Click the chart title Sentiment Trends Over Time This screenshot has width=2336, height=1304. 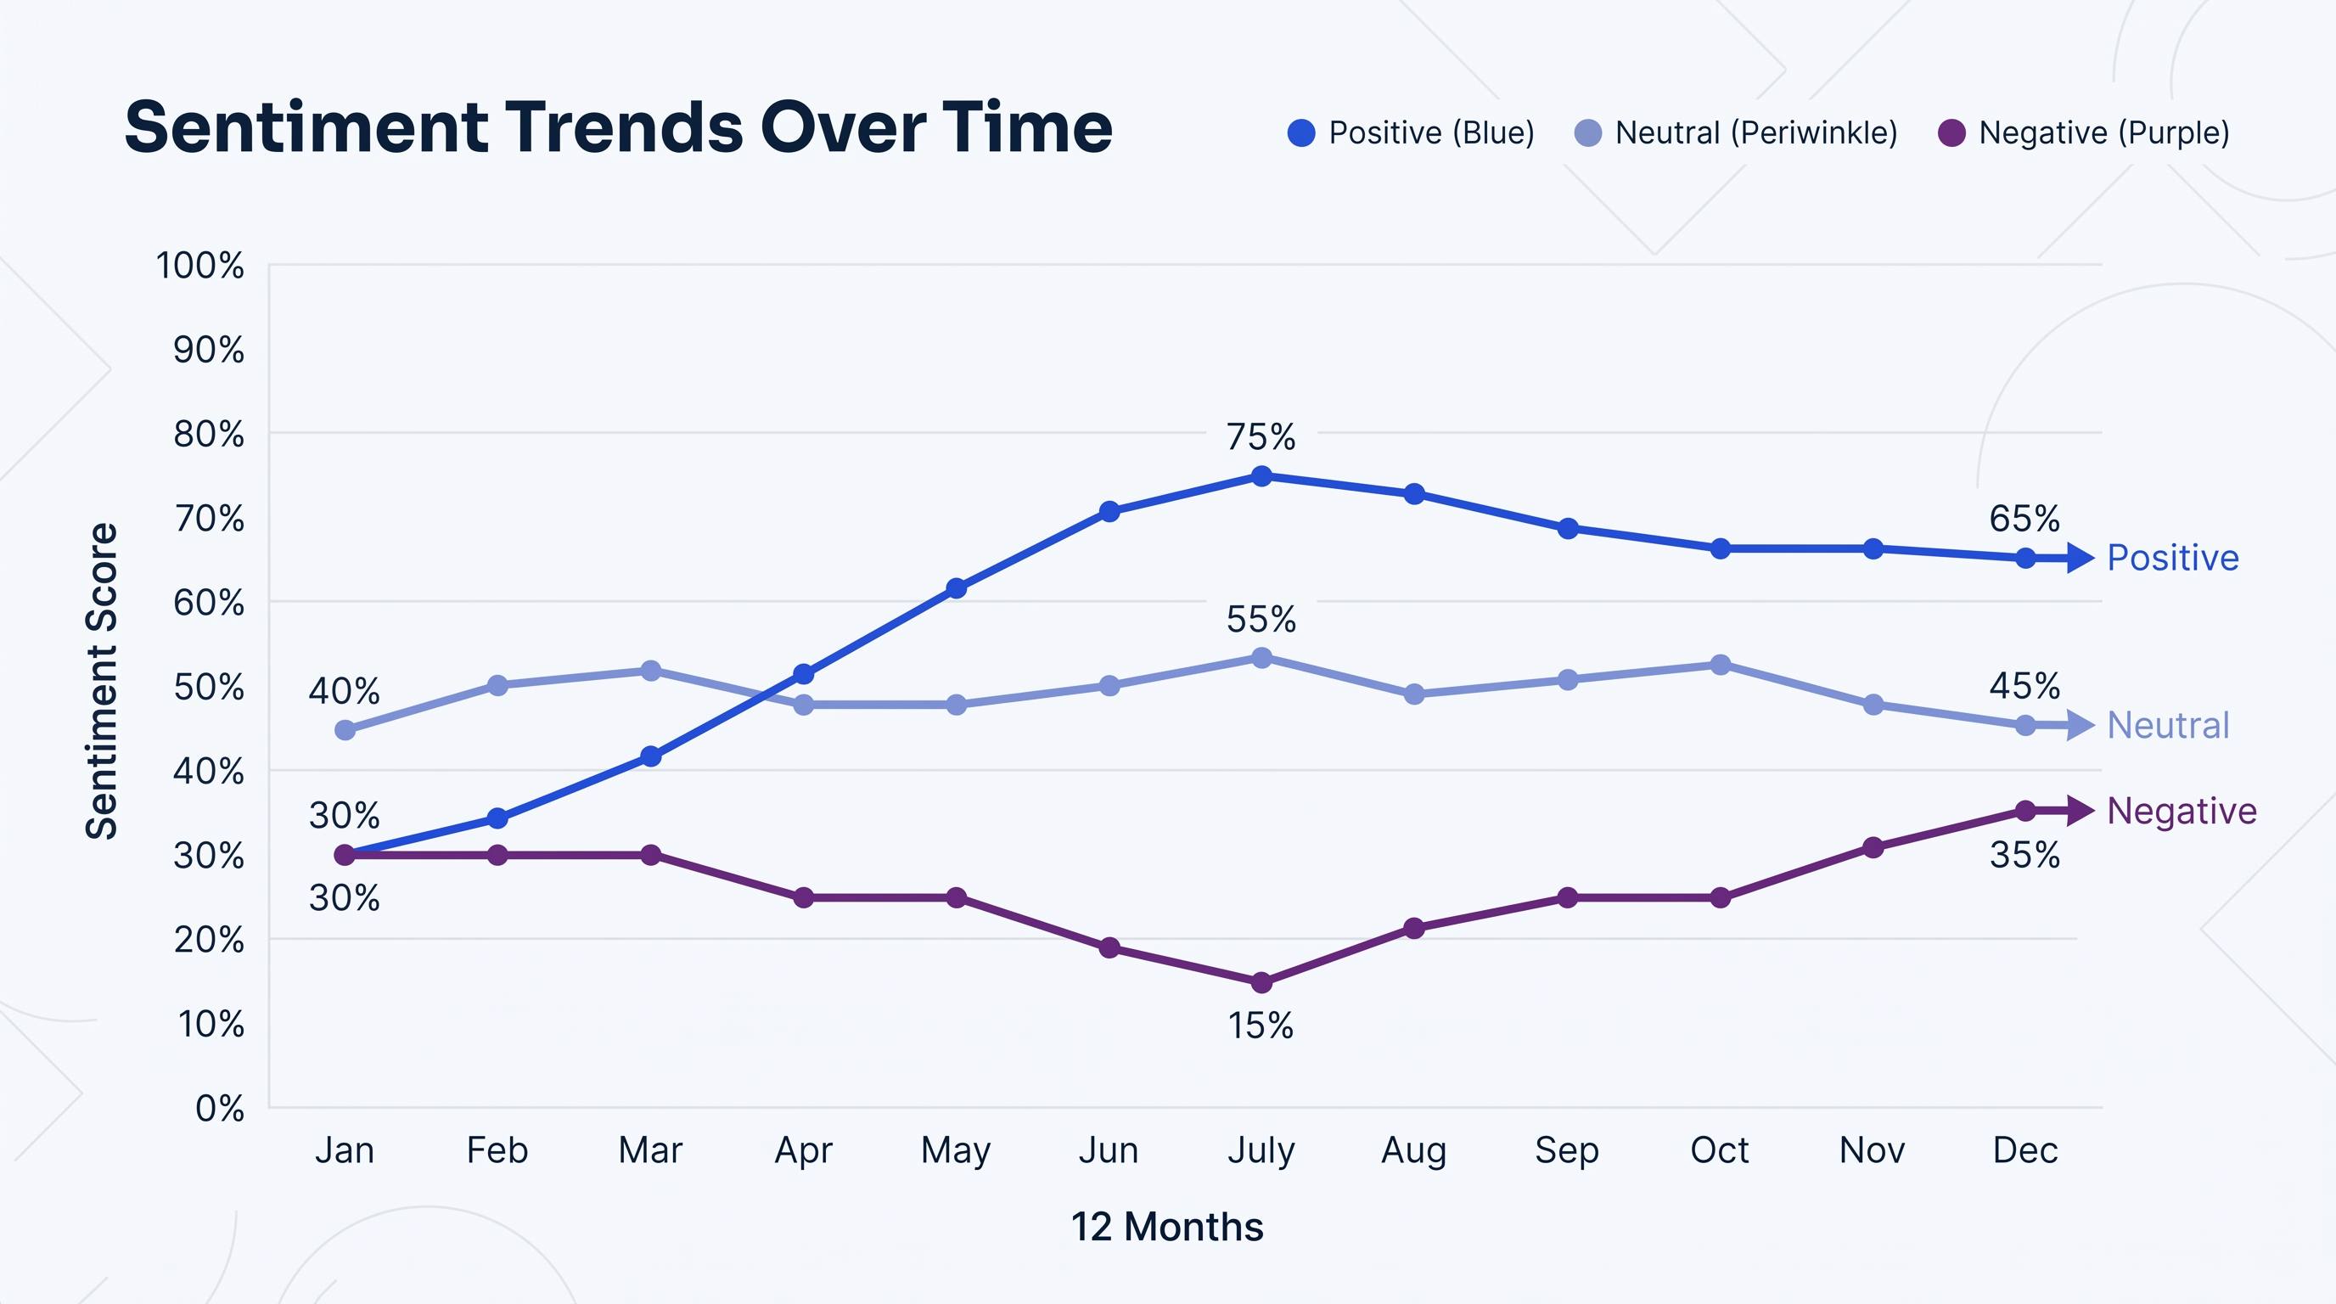[619, 127]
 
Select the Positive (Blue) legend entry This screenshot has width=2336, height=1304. [1411, 133]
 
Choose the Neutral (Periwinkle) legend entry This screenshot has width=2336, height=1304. [1737, 133]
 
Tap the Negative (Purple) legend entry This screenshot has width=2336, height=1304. [2084, 133]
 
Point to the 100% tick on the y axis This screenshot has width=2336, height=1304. [199, 266]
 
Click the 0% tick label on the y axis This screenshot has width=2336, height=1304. [220, 1108]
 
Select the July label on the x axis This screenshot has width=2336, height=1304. [1261, 1150]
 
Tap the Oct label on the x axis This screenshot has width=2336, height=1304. [1720, 1149]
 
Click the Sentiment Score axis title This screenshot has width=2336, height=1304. [102, 681]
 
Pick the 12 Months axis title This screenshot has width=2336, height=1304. [1167, 1226]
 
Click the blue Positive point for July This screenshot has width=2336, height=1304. [1261, 476]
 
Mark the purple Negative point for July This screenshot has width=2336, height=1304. [1261, 982]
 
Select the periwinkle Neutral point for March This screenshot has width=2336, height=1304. [650, 671]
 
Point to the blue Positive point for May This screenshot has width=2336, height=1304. [956, 588]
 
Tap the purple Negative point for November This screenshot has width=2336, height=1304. [1873, 848]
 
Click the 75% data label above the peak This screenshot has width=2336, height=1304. [1261, 437]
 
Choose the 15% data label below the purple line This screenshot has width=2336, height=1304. [1261, 1026]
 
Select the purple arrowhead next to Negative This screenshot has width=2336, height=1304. [2081, 810]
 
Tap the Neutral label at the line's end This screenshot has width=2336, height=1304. [2168, 726]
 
